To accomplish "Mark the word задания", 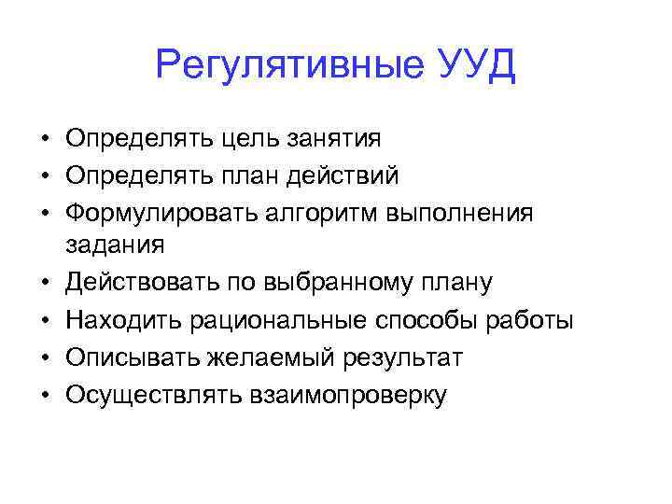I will tap(115, 245).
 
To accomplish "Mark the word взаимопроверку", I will tap(347, 396).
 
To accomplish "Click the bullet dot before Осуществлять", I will tap(44, 396).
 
